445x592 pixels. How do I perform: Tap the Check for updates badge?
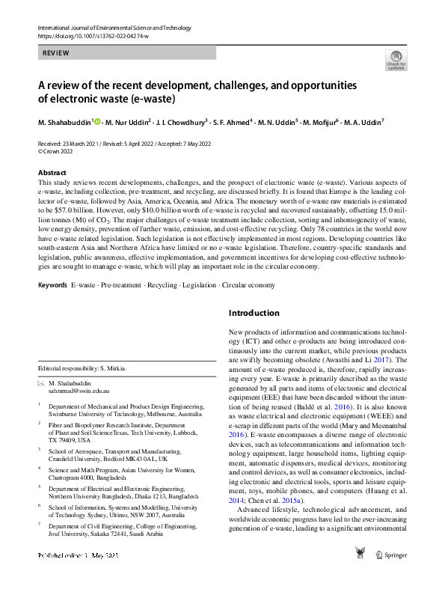pyautogui.click(x=396, y=60)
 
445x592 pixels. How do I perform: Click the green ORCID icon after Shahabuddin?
pyautogui.click(x=97, y=120)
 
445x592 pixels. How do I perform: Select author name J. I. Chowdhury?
pyautogui.click(x=183, y=121)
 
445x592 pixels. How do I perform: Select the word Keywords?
pyautogui.click(x=52, y=284)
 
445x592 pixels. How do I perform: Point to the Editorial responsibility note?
pyautogui.click(x=83, y=368)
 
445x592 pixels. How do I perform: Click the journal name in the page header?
pyautogui.click(x=111, y=28)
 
